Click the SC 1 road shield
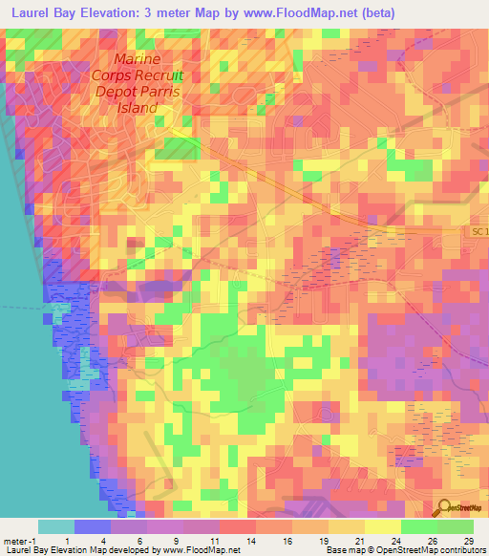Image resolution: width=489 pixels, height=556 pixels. click(x=479, y=232)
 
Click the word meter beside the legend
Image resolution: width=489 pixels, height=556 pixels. click(x=15, y=541)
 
